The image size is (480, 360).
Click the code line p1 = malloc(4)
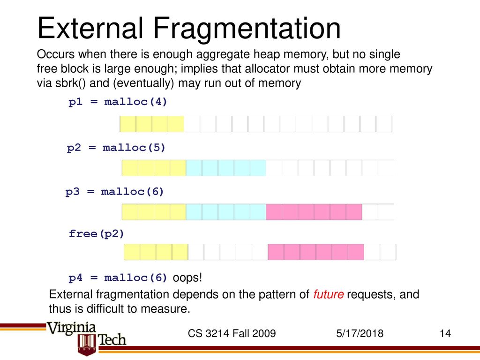coord(118,102)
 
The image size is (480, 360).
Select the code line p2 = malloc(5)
coord(116,148)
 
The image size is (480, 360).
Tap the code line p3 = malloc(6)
coord(115,192)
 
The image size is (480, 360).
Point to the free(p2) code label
coord(97,234)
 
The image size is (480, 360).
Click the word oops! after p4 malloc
coord(187,277)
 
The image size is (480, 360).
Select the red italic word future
coord(328,294)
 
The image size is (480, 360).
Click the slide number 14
coord(445,333)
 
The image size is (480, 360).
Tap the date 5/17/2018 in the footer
coord(360,333)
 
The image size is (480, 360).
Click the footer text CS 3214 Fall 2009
coord(232,333)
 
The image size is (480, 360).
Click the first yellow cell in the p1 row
coord(128,124)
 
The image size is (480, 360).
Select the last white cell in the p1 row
coord(384,124)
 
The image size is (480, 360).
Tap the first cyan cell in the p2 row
coord(194,168)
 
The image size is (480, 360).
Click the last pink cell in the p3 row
coord(354,212)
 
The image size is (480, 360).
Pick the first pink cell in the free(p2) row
coord(276,252)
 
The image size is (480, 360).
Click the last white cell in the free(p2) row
coord(388,252)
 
